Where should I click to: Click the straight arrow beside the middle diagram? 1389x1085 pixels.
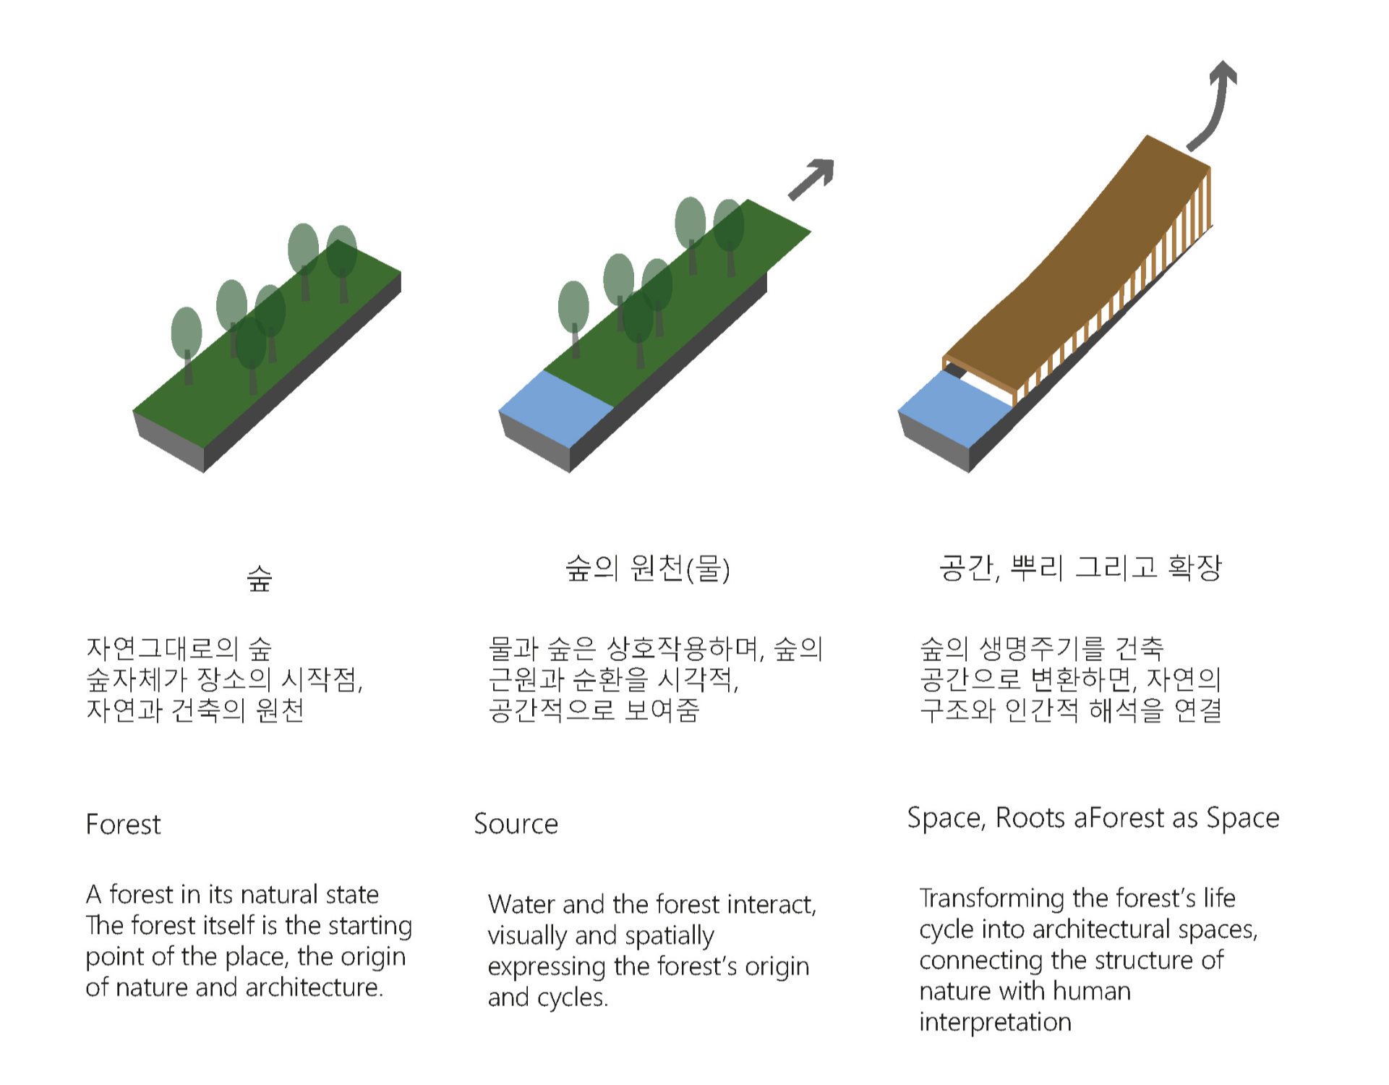[x=811, y=179]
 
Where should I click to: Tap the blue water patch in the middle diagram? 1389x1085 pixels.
[x=556, y=409]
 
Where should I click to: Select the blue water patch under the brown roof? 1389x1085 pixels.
[x=954, y=409]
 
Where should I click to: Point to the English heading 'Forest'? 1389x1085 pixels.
[x=123, y=825]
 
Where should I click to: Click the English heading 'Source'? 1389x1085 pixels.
[x=516, y=824]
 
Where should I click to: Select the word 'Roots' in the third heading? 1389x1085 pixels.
[x=1030, y=818]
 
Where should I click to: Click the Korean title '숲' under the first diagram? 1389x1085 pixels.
[x=260, y=577]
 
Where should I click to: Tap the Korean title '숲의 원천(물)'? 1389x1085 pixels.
[x=647, y=569]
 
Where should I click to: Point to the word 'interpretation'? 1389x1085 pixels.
[x=995, y=1022]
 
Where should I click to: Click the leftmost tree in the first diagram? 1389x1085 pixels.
[x=187, y=340]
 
